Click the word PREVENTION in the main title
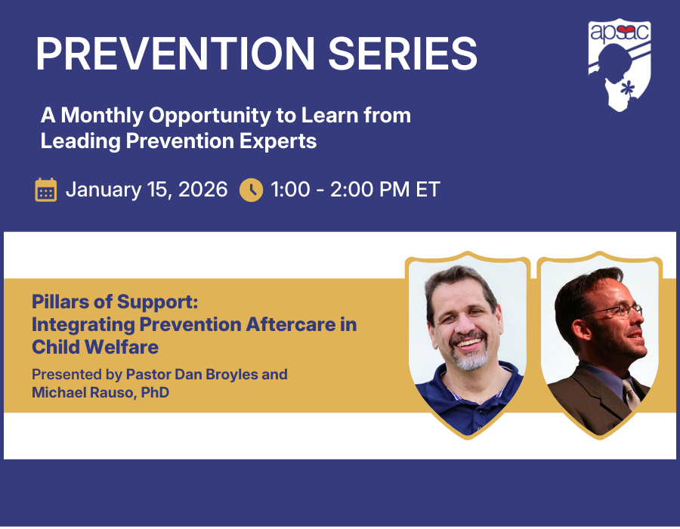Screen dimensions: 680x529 (x=175, y=54)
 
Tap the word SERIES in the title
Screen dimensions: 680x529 (x=403, y=54)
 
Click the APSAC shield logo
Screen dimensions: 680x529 (x=620, y=64)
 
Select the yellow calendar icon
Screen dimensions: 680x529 (x=46, y=190)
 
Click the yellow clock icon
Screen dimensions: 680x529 (x=251, y=190)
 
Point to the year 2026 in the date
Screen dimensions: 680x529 (x=203, y=190)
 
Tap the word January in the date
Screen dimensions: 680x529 (x=104, y=190)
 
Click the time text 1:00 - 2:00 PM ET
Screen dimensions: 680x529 (x=355, y=190)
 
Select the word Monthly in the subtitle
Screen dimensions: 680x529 (x=102, y=116)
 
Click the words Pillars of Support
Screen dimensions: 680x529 (x=115, y=302)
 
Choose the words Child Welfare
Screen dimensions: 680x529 (x=95, y=347)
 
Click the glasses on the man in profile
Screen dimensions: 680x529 (x=616, y=311)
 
